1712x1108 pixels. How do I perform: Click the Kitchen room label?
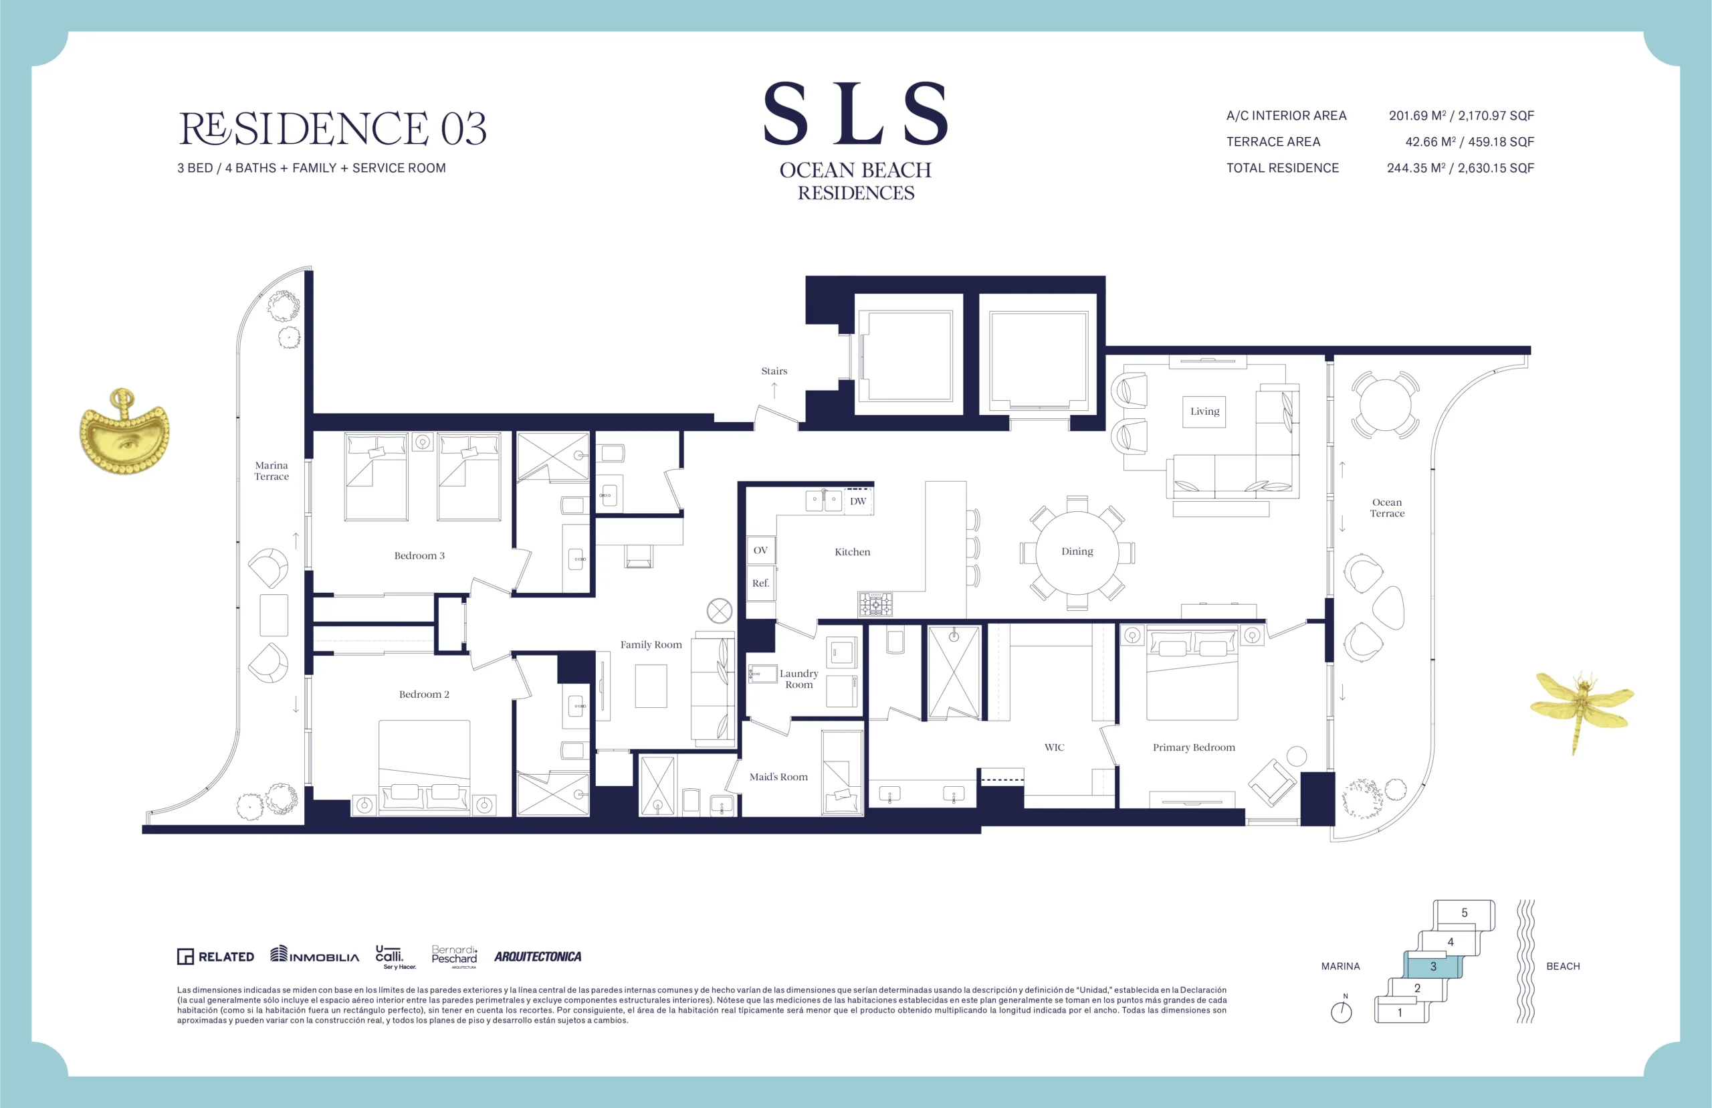pyautogui.click(x=852, y=552)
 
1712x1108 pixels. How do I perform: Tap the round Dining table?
pyautogui.click(x=1077, y=552)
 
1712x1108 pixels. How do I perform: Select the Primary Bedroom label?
pyautogui.click(x=1194, y=747)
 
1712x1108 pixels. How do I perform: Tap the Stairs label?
pyautogui.click(x=774, y=371)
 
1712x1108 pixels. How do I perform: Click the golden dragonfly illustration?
pyautogui.click(x=1582, y=709)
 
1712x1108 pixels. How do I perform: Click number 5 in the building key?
pyautogui.click(x=1464, y=913)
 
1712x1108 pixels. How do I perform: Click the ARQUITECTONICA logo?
pyautogui.click(x=538, y=957)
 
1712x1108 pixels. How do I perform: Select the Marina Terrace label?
pyautogui.click(x=271, y=471)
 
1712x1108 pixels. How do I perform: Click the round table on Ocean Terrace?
pyautogui.click(x=1385, y=404)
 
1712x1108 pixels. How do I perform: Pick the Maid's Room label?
pyautogui.click(x=778, y=777)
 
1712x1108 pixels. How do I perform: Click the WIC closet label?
pyautogui.click(x=1054, y=747)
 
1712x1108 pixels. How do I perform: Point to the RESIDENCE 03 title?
pyautogui.click(x=332, y=128)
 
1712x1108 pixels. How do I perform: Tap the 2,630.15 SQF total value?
pyautogui.click(x=1495, y=169)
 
